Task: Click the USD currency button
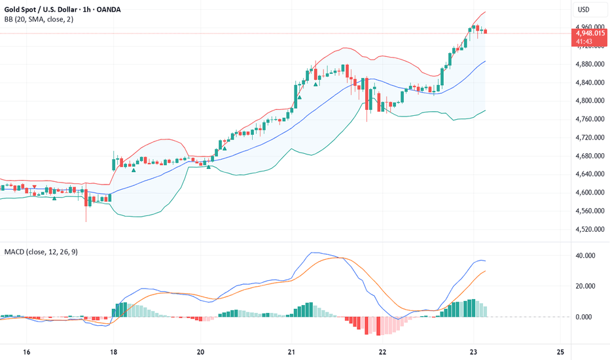tap(583, 10)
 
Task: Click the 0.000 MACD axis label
tap(586, 317)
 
